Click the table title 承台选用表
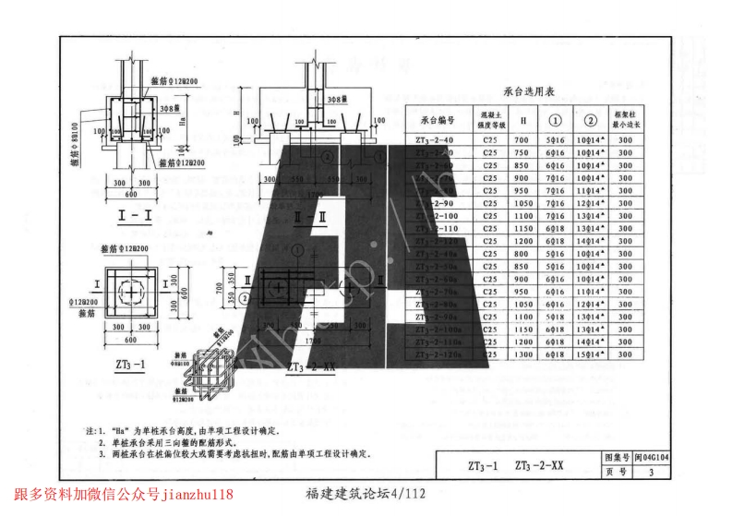530,91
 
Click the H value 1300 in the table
523,354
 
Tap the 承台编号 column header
437,120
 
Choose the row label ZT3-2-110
434,228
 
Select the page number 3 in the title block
651,473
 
